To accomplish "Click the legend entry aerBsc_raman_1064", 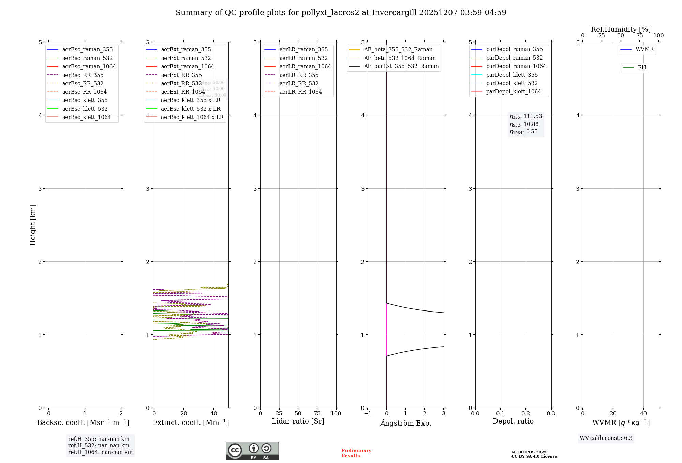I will coord(89,66).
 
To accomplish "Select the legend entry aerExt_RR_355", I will coord(181,75).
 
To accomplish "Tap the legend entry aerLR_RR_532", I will coord(299,83).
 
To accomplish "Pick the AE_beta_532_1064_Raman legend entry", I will coord(400,58).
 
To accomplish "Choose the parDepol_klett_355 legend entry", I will coord(512,75).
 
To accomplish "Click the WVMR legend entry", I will coord(644,49).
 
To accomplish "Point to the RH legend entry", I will coord(642,68).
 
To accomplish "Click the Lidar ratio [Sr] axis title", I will coord(298,421).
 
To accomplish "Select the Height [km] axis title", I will coord(33,225).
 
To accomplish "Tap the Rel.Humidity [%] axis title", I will coord(621,29).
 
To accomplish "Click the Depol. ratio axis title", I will coord(513,421).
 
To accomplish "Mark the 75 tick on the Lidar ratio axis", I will coord(317,414).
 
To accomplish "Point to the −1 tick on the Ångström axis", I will coord(368,414).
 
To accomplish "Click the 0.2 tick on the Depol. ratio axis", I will coord(526,414).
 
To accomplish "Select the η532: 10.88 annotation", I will coord(524,124).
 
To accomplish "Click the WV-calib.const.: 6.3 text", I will coord(606,438).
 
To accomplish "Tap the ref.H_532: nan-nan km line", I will coord(99,445).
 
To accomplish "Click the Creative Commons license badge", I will coord(252,451).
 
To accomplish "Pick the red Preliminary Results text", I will coord(356,453).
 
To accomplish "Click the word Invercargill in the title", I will coord(395,13).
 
